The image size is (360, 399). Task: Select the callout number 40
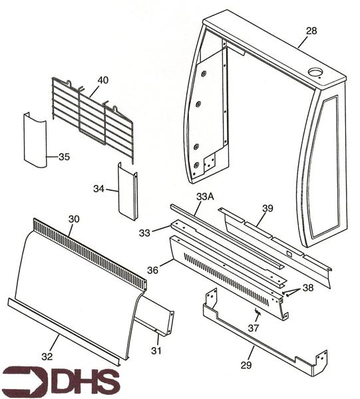click(x=102, y=80)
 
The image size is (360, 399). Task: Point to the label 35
click(x=64, y=157)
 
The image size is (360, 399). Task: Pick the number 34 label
click(x=99, y=190)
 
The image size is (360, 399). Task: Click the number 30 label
click(x=75, y=218)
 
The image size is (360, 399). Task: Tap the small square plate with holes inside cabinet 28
click(x=212, y=162)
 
